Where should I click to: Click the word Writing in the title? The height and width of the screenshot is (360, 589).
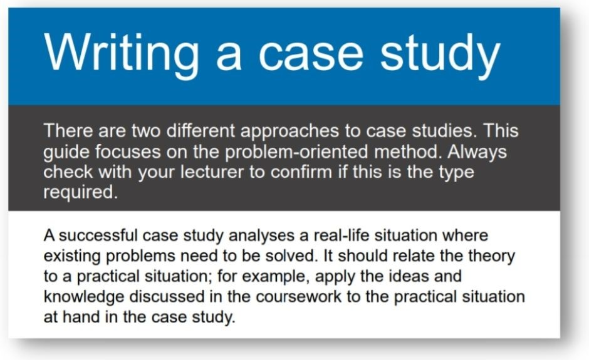(122, 54)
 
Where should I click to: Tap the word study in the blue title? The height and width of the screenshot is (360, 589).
(440, 54)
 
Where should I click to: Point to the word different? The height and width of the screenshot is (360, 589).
(201, 131)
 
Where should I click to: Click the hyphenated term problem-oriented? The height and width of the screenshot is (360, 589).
(296, 152)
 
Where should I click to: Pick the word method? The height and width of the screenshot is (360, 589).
(407, 152)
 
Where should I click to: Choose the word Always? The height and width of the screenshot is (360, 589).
(477, 152)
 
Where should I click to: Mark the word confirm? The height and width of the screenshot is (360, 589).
(301, 172)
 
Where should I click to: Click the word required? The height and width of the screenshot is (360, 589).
(81, 193)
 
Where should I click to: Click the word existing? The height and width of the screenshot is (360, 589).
(72, 257)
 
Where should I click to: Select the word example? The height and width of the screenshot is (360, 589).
(276, 277)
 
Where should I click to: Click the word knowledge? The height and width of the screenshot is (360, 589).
(84, 297)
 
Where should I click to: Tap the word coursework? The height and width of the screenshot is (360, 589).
(299, 296)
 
